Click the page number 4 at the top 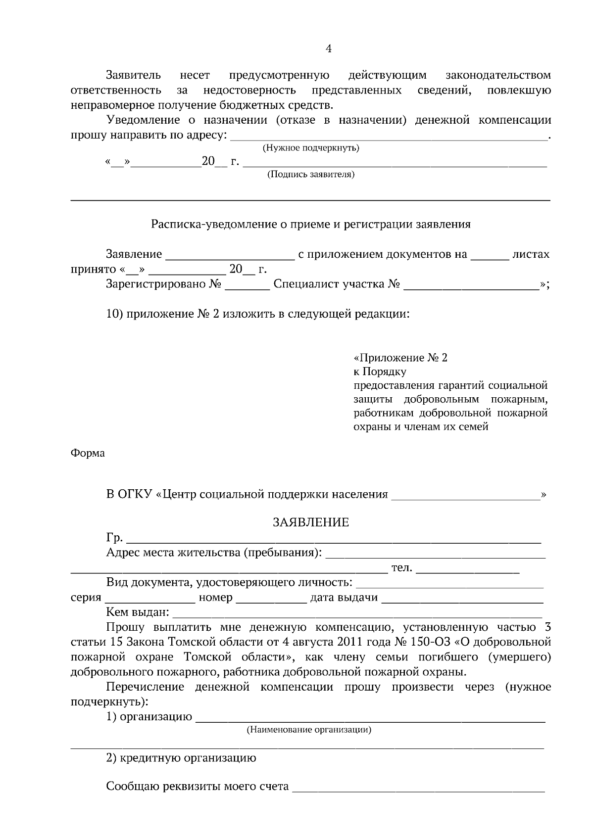pyautogui.click(x=328, y=48)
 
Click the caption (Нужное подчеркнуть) pyautogui.click(x=310, y=148)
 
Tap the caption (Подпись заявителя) pyautogui.click(x=311, y=175)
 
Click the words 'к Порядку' pyautogui.click(x=380, y=372)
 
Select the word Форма pyautogui.click(x=88, y=453)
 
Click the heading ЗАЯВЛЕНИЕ pyautogui.click(x=311, y=522)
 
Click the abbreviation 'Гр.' pyautogui.click(x=114, y=538)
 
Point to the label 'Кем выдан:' pyautogui.click(x=138, y=613)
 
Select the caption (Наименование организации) pyautogui.click(x=309, y=730)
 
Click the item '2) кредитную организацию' pyautogui.click(x=181, y=758)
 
